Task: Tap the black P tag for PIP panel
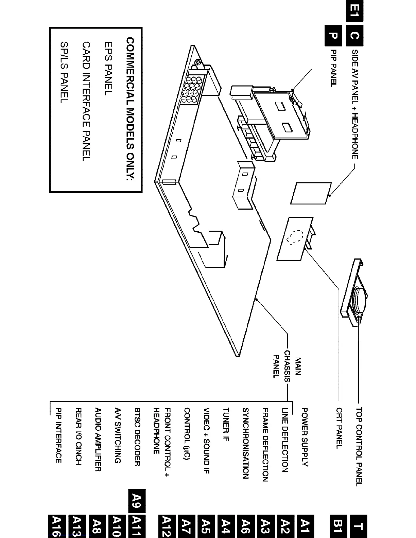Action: pos(333,35)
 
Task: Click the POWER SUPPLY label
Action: pos(305,437)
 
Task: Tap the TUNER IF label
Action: pos(226,424)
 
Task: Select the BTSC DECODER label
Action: pos(137,436)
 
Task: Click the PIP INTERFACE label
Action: pos(58,435)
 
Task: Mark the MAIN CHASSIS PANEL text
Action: pos(288,367)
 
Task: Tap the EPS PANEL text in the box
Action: pos(108,68)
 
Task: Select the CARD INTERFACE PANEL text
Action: pos(87,101)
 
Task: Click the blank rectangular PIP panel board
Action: pos(311,193)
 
